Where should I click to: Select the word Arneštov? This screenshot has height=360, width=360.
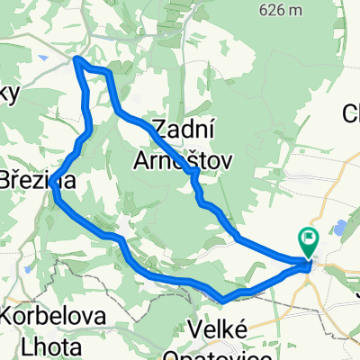coord(183,158)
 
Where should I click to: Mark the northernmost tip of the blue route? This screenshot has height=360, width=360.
coord(76,59)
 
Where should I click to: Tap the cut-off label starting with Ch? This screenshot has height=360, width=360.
coord(351,114)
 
